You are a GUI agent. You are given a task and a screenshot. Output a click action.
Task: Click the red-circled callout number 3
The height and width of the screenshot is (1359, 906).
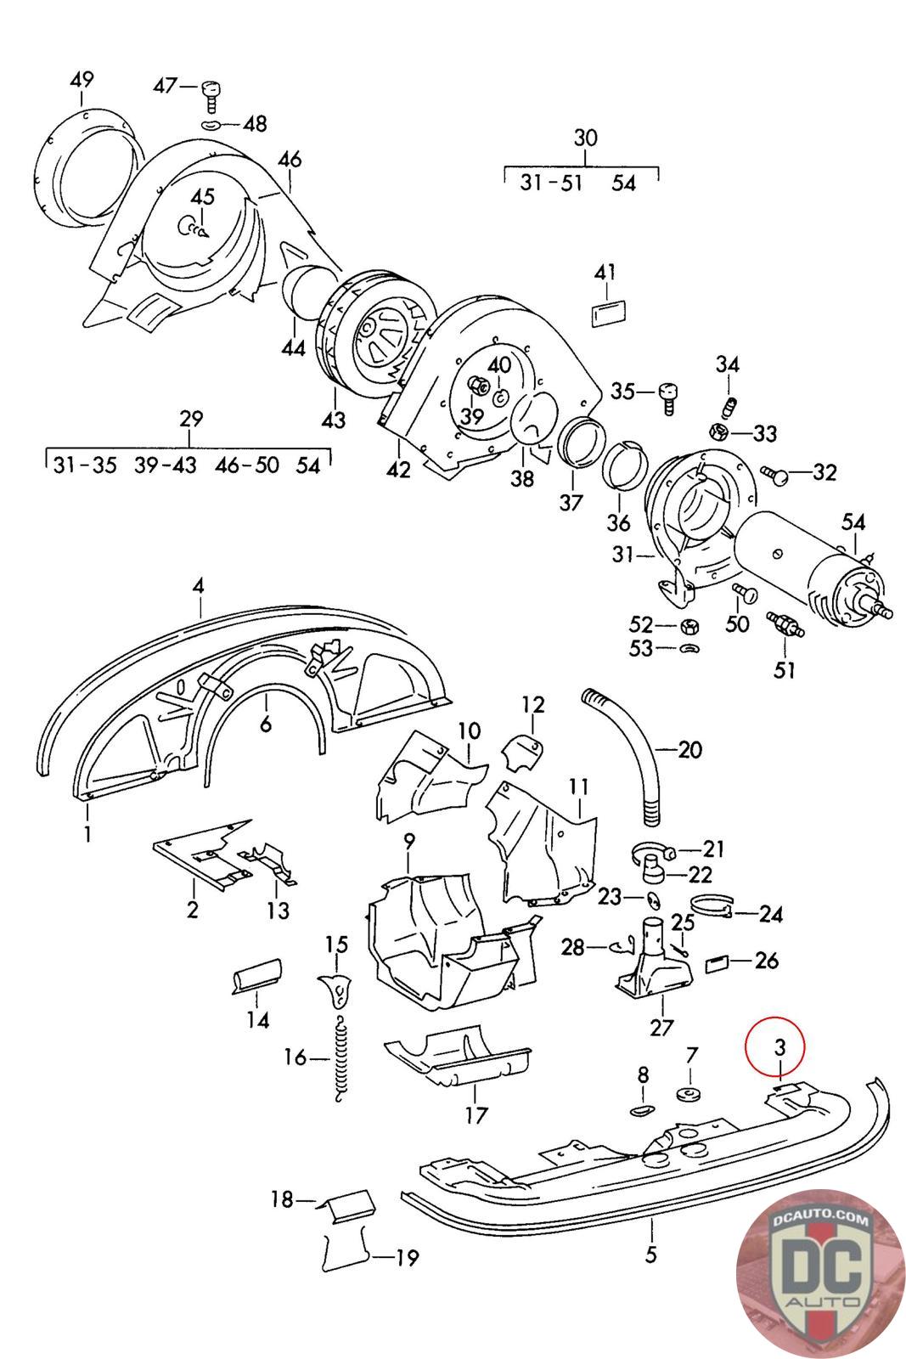point(780,1047)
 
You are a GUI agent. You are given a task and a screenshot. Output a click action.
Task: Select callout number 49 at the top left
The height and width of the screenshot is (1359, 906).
point(82,81)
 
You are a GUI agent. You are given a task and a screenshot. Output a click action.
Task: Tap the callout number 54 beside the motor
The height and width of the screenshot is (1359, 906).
point(853,521)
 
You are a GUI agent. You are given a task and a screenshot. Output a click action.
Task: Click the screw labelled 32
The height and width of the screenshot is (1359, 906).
point(774,474)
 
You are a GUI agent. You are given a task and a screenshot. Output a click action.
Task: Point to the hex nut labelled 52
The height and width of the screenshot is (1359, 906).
point(689,627)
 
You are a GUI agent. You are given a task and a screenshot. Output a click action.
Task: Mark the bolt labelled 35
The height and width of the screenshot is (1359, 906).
point(667,394)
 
